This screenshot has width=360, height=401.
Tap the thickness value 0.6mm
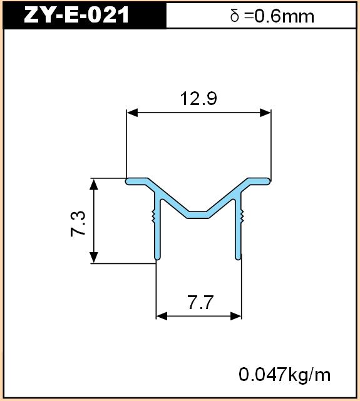click(284, 17)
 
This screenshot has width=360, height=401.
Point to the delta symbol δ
click(235, 16)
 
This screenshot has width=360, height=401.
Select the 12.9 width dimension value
click(198, 99)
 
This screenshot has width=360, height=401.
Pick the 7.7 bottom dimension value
click(200, 303)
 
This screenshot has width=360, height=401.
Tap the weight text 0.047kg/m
click(284, 375)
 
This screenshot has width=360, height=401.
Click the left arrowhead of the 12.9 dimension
click(132, 113)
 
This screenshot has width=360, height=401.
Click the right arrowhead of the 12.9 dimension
click(265, 113)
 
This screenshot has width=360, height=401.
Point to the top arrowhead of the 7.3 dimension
click(94, 185)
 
